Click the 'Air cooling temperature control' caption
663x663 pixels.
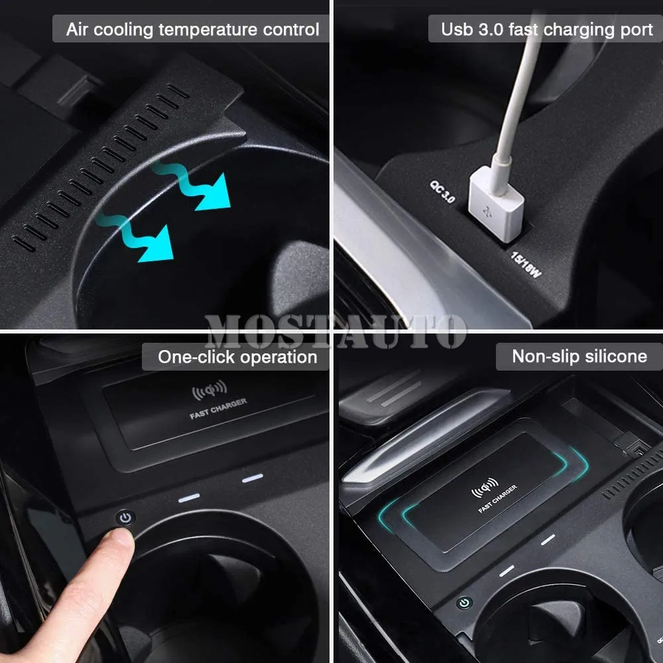tap(192, 30)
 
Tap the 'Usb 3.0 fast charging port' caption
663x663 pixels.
tap(547, 30)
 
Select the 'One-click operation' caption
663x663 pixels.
tap(237, 357)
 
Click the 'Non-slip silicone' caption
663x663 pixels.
tap(579, 357)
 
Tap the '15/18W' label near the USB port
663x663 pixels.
tap(524, 263)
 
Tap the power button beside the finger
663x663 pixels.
tap(125, 518)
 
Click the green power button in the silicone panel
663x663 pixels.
tap(464, 603)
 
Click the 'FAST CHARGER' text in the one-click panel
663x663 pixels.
tap(218, 408)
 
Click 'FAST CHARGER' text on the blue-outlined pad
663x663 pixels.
tap(498, 499)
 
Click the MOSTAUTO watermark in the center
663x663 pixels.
tap(335, 331)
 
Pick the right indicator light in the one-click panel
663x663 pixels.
tap(252, 478)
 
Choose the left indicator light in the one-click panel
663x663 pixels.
tap(188, 497)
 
